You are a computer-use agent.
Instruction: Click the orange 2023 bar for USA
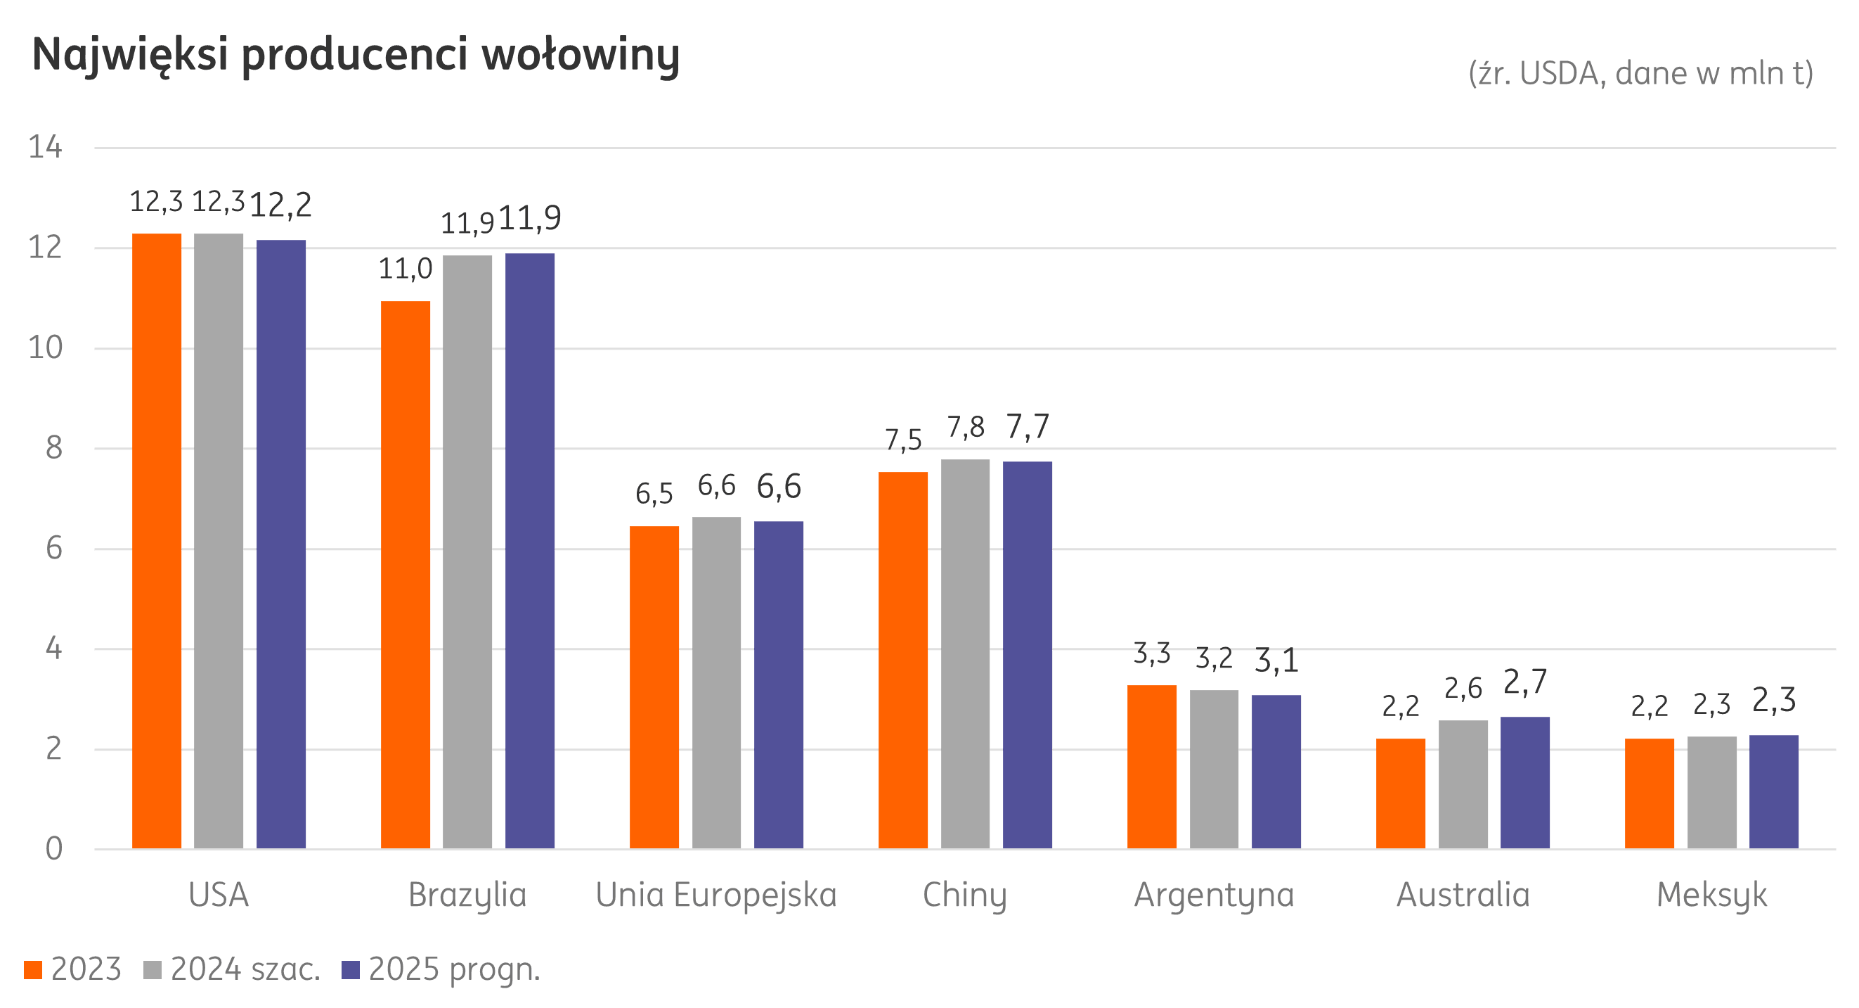tap(157, 542)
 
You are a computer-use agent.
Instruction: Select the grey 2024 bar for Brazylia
tap(467, 552)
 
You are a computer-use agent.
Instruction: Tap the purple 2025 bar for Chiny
tap(1028, 655)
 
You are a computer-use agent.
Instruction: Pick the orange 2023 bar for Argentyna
tap(1152, 767)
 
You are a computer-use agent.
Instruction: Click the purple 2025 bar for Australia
tap(1525, 783)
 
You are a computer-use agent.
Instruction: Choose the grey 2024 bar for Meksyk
tap(1712, 792)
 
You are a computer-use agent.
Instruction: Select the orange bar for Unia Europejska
tap(654, 687)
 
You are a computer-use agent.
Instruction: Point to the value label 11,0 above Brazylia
tap(405, 270)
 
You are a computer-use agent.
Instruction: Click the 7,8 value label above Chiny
tap(966, 428)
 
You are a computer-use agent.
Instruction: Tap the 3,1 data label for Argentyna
tap(1276, 661)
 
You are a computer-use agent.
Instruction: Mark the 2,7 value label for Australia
tap(1525, 682)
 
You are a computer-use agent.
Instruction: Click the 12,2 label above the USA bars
tap(280, 206)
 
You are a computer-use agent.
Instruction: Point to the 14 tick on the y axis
tap(46, 147)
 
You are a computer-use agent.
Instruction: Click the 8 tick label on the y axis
tap(53, 448)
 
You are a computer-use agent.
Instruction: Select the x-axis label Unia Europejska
tap(716, 895)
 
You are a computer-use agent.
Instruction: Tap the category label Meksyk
tap(1712, 895)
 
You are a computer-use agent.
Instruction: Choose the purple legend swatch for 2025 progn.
tap(351, 970)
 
